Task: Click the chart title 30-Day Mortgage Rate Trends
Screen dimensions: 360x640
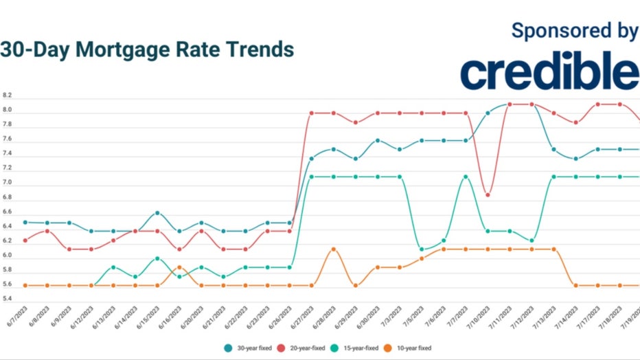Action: coord(147,49)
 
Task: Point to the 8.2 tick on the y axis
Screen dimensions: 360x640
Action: coord(8,95)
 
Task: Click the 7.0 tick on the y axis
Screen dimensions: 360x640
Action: coord(8,183)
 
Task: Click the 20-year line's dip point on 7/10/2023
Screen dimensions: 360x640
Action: coord(488,194)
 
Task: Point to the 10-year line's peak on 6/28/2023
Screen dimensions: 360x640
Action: coord(334,249)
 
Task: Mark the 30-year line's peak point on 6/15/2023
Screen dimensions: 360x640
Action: coord(157,213)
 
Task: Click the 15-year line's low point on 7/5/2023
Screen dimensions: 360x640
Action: coord(422,249)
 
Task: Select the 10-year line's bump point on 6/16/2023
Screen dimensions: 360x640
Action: coord(179,267)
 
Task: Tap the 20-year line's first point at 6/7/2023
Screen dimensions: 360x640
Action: coord(25,240)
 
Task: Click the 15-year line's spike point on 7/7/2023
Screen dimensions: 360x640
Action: coord(466,177)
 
